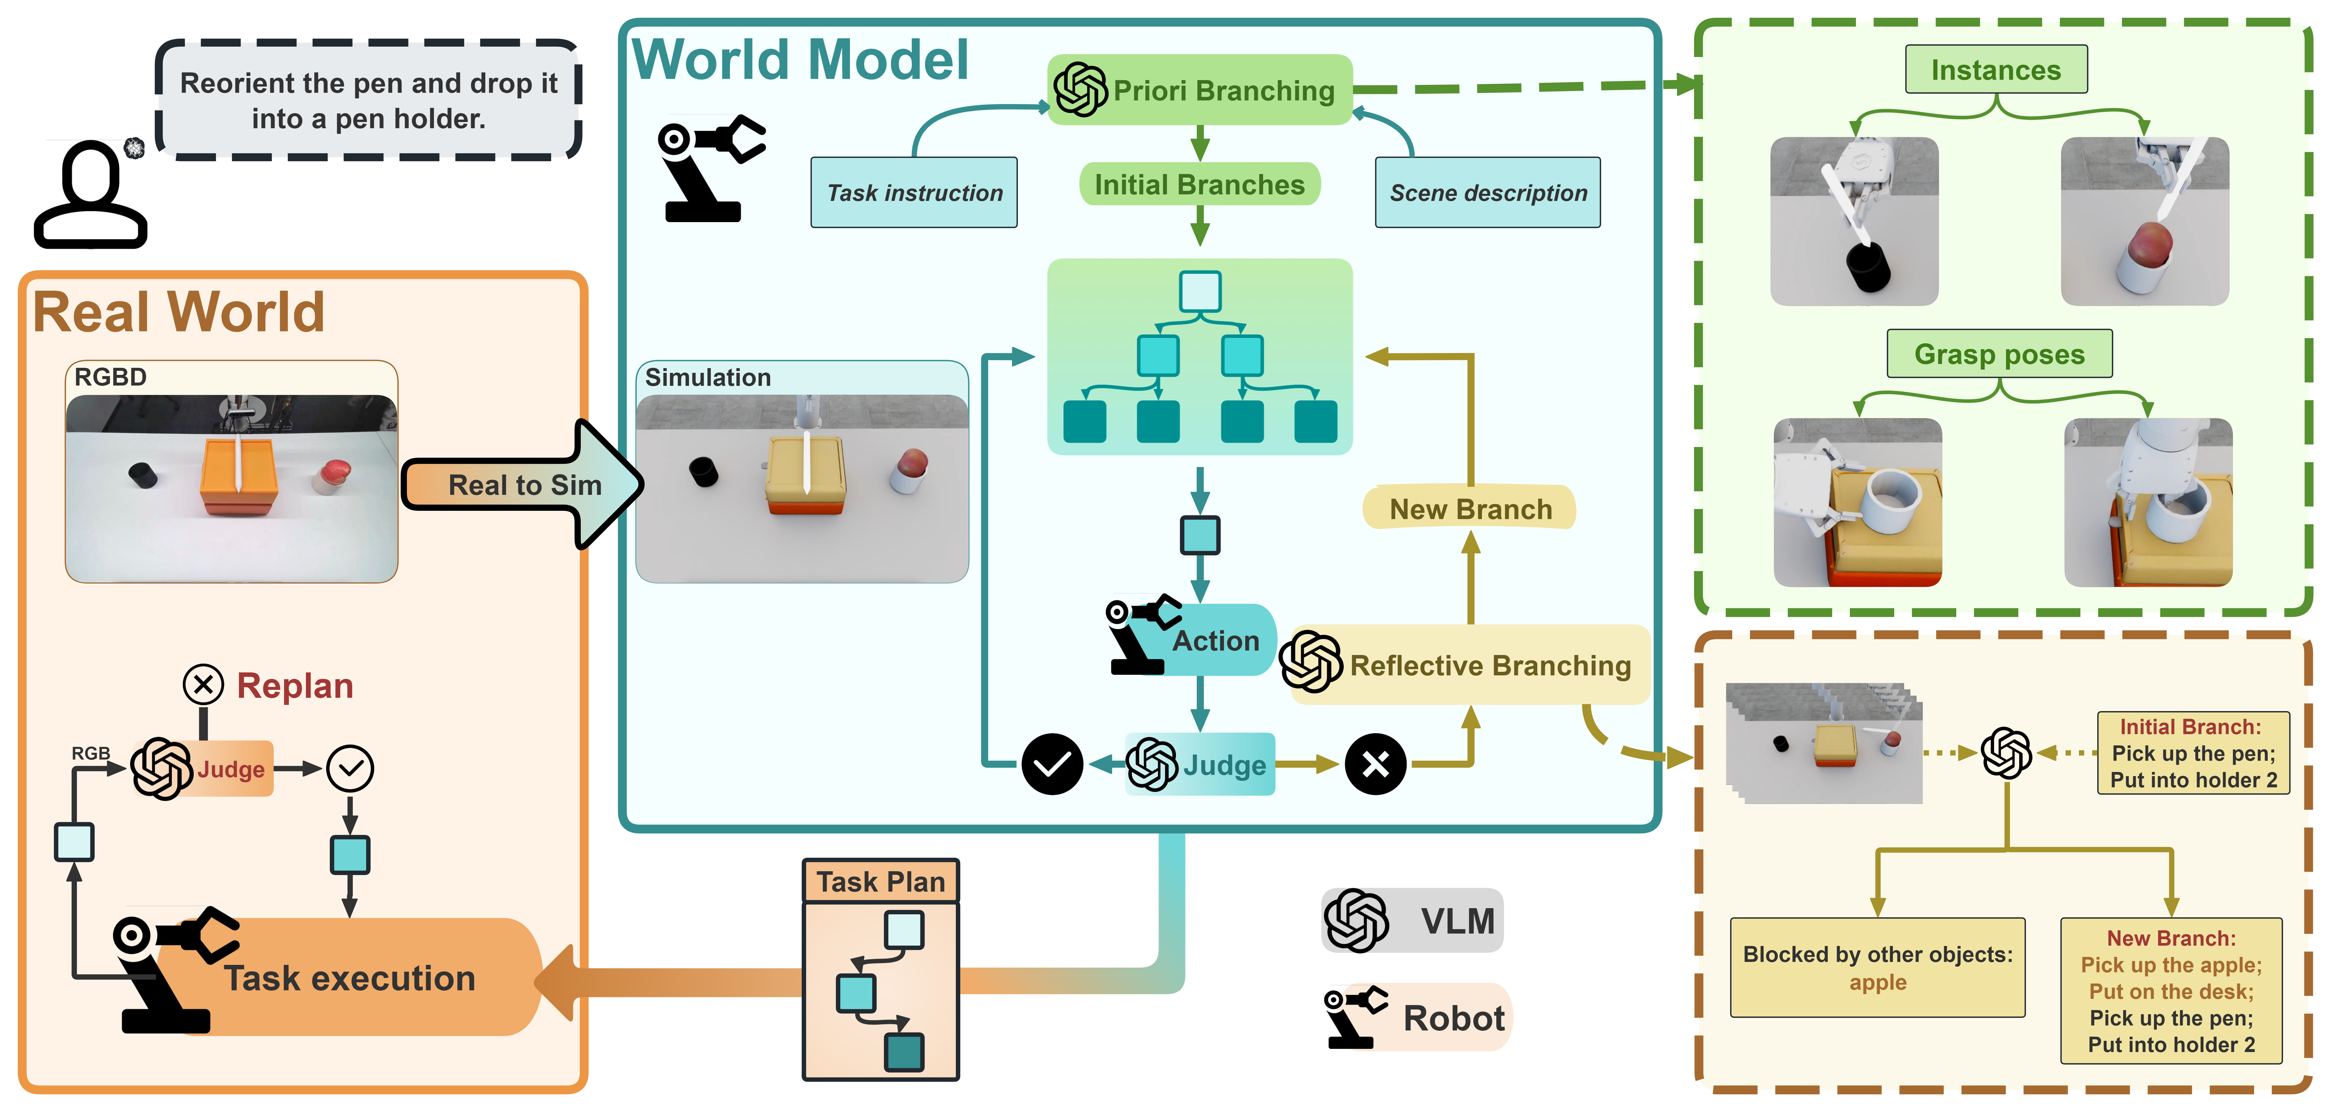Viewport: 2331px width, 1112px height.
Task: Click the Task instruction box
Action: [x=914, y=193]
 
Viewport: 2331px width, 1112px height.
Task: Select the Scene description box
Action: [x=1488, y=193]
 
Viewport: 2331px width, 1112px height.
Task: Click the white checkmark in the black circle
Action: [x=1052, y=765]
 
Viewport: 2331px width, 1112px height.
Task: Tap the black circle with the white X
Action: [x=1375, y=765]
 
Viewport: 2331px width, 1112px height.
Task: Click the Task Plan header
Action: [x=880, y=881]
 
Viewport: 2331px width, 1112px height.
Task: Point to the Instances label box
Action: [x=1996, y=70]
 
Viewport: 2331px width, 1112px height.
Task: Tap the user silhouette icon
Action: [x=90, y=194]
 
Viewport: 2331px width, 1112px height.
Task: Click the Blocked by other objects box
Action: [x=1878, y=968]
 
